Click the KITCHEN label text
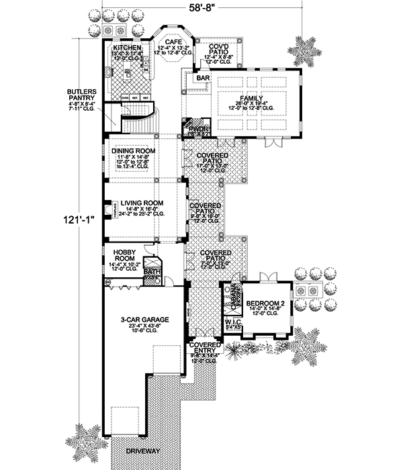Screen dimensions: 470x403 [127, 49]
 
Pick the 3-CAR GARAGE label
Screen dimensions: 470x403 [144, 320]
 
